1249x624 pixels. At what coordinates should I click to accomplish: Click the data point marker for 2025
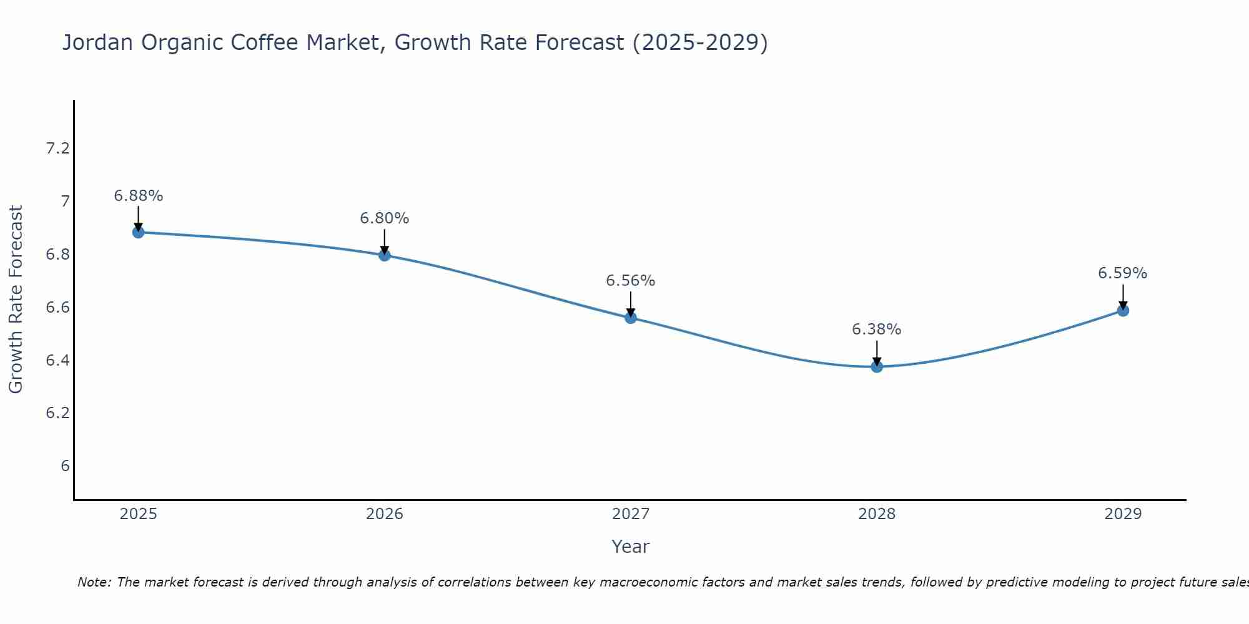point(138,232)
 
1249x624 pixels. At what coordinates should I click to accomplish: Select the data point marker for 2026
point(384,255)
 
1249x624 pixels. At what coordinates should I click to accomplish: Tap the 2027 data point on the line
point(631,318)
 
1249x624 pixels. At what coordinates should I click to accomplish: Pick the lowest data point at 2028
point(877,366)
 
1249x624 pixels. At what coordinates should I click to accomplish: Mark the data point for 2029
point(1123,310)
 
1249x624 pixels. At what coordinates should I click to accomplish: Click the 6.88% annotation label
point(138,196)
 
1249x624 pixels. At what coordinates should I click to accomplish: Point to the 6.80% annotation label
point(384,218)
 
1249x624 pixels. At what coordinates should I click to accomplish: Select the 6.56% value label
point(631,281)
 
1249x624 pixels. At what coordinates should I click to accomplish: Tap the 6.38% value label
point(877,329)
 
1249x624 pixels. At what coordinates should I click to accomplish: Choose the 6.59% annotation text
point(1123,273)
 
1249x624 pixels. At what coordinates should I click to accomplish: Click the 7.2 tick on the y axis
point(57,149)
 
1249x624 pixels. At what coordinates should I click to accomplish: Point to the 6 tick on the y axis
point(65,466)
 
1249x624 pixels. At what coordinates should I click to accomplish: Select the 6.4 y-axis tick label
point(57,360)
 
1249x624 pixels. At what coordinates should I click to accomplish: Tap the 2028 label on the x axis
point(877,514)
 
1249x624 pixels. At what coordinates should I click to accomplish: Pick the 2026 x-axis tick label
point(384,514)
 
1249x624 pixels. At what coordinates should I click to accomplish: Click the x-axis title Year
point(631,547)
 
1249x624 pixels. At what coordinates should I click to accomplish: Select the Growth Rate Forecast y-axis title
point(16,300)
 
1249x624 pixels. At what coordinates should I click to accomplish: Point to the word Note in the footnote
point(93,582)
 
